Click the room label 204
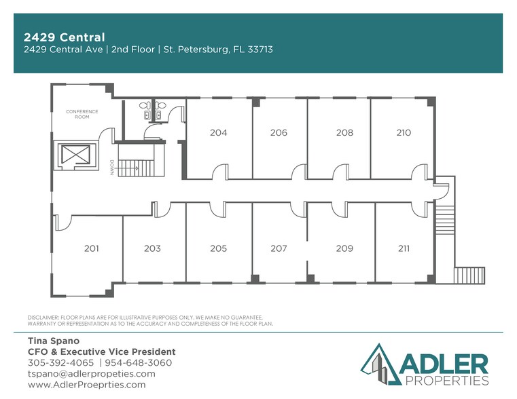(218, 133)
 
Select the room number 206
(279, 133)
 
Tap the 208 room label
(344, 133)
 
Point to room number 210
(404, 133)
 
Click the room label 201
(91, 249)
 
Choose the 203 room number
(152, 249)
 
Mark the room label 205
(218, 249)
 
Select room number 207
(279, 249)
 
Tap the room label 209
(344, 249)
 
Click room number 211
(404, 249)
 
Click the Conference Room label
(82, 114)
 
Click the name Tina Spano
(53, 341)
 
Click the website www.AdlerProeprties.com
(86, 385)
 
